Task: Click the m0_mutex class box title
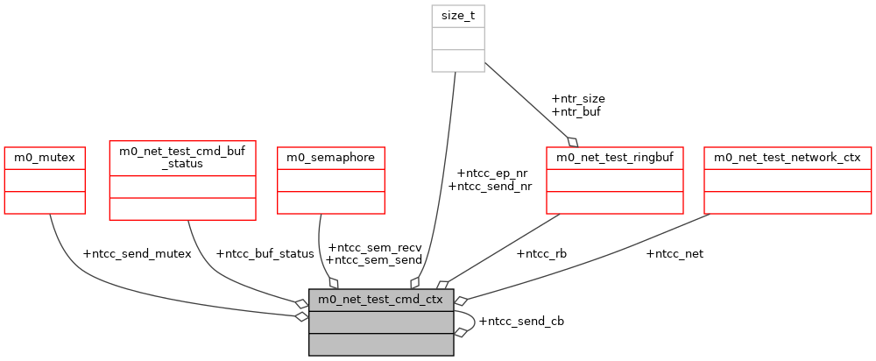tap(45, 158)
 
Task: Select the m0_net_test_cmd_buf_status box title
tap(182, 157)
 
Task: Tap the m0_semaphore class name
tap(331, 158)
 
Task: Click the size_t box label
tap(458, 16)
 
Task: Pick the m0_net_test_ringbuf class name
tap(614, 158)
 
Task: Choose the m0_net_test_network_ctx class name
tap(788, 158)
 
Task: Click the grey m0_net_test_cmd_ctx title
tap(381, 300)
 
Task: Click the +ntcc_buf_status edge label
tap(265, 254)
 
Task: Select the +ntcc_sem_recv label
tap(374, 247)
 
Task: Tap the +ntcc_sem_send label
tap(374, 259)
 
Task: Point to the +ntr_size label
tap(578, 99)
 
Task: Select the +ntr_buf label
tap(576, 111)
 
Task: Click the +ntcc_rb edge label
tap(541, 254)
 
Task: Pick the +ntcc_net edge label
tap(675, 254)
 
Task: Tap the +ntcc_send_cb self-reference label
tap(521, 321)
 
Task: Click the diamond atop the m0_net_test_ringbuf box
tap(574, 141)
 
